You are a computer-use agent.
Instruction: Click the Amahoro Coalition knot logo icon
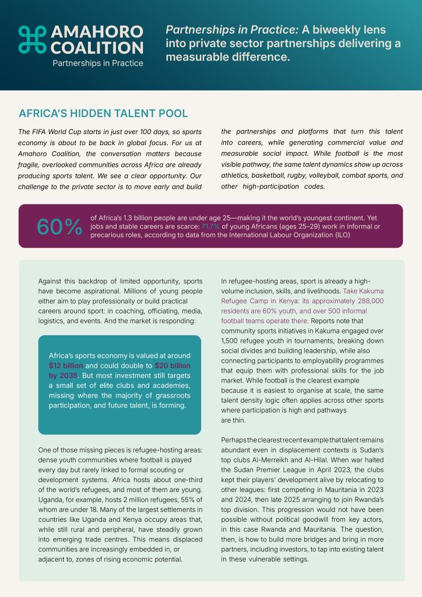32,40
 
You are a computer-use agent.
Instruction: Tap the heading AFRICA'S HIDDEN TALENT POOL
103,113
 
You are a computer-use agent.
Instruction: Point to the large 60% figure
59,227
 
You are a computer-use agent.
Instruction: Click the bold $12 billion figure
66,365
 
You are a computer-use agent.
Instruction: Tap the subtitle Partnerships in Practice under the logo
98,63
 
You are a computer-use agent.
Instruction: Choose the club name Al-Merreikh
269,461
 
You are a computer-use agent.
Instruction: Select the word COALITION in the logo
97,47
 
